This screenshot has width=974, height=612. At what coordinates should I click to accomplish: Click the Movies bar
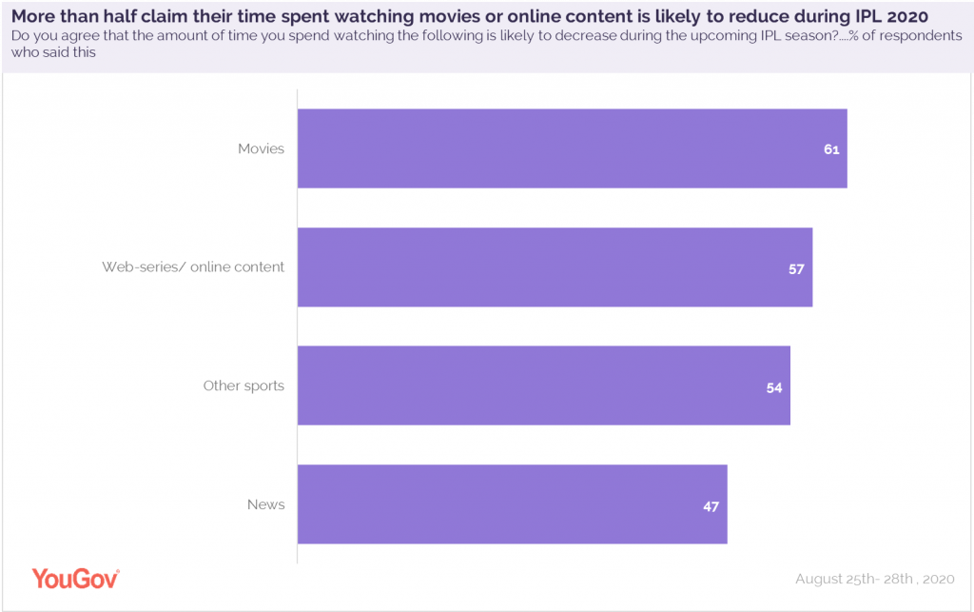click(572, 148)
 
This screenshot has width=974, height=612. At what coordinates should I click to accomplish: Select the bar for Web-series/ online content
click(555, 267)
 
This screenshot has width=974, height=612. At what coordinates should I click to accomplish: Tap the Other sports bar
click(543, 385)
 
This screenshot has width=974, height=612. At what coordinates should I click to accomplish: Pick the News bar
click(512, 504)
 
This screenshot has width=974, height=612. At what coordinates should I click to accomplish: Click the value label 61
click(831, 150)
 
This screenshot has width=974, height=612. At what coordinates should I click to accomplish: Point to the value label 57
click(796, 269)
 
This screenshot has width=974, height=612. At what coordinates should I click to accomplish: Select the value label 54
click(774, 387)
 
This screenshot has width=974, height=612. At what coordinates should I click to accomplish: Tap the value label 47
click(711, 506)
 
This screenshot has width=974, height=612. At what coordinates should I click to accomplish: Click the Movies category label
click(261, 149)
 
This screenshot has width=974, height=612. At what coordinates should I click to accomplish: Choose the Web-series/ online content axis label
click(193, 267)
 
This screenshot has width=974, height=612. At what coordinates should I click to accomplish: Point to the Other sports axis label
click(243, 385)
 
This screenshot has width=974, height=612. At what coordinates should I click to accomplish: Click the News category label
click(265, 504)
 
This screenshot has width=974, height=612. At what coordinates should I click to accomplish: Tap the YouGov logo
click(75, 578)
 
